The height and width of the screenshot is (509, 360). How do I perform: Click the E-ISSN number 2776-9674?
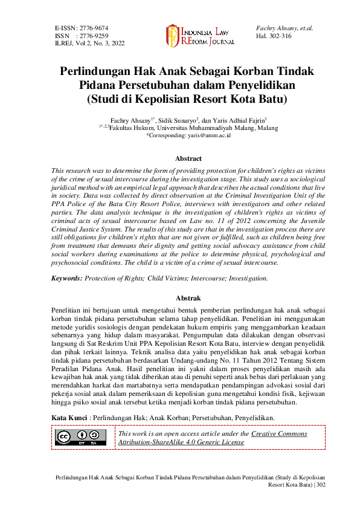click(x=93, y=28)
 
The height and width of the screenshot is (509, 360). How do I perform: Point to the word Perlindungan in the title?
click(x=97, y=71)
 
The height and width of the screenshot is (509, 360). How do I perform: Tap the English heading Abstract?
click(x=188, y=158)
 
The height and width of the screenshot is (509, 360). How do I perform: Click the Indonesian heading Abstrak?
click(x=188, y=298)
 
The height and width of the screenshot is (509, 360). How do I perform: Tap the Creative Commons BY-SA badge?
click(x=81, y=437)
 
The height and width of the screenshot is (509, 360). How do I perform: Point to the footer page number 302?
click(x=320, y=485)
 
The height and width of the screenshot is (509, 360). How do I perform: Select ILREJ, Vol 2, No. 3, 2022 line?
click(x=90, y=44)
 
